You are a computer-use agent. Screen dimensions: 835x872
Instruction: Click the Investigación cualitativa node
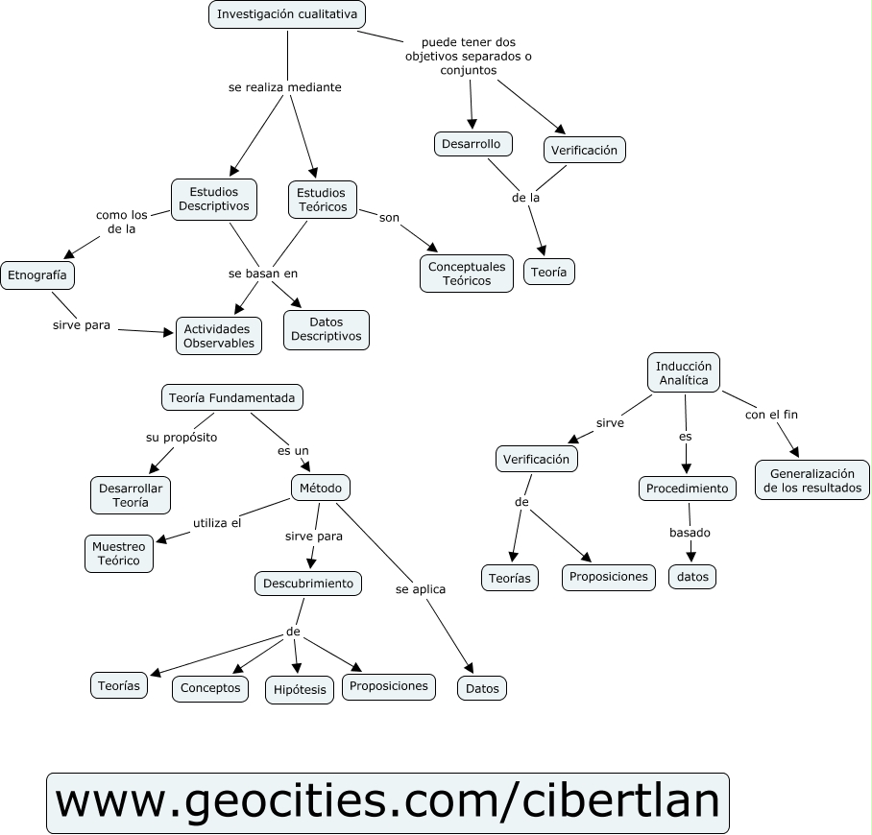click(x=287, y=14)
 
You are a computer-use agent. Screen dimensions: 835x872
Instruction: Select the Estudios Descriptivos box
click(x=214, y=199)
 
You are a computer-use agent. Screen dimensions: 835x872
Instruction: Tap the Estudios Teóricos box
click(x=322, y=200)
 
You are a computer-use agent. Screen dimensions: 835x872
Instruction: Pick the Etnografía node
click(x=37, y=274)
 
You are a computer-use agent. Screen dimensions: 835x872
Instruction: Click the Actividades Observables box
click(x=219, y=336)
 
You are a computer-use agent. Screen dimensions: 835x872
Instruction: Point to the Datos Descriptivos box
click(x=327, y=329)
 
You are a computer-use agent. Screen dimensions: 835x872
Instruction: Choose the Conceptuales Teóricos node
click(x=467, y=274)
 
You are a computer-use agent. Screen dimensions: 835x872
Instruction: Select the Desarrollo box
click(x=472, y=144)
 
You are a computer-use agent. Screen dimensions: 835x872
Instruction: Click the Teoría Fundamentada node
click(x=231, y=396)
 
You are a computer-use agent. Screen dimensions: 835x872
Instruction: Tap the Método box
click(x=321, y=488)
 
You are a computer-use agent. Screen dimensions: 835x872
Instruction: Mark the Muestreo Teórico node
click(x=119, y=553)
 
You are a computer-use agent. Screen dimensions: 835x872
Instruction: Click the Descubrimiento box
click(x=308, y=583)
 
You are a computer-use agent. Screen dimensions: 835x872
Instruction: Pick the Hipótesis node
click(x=300, y=689)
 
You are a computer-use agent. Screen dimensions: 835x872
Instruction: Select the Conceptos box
click(x=210, y=688)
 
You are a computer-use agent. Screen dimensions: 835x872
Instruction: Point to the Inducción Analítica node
click(x=684, y=372)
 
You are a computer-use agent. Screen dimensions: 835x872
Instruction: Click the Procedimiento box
click(x=688, y=489)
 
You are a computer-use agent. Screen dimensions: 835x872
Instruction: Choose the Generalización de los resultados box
click(x=812, y=480)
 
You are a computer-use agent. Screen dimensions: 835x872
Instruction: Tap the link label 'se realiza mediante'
click(x=285, y=87)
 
